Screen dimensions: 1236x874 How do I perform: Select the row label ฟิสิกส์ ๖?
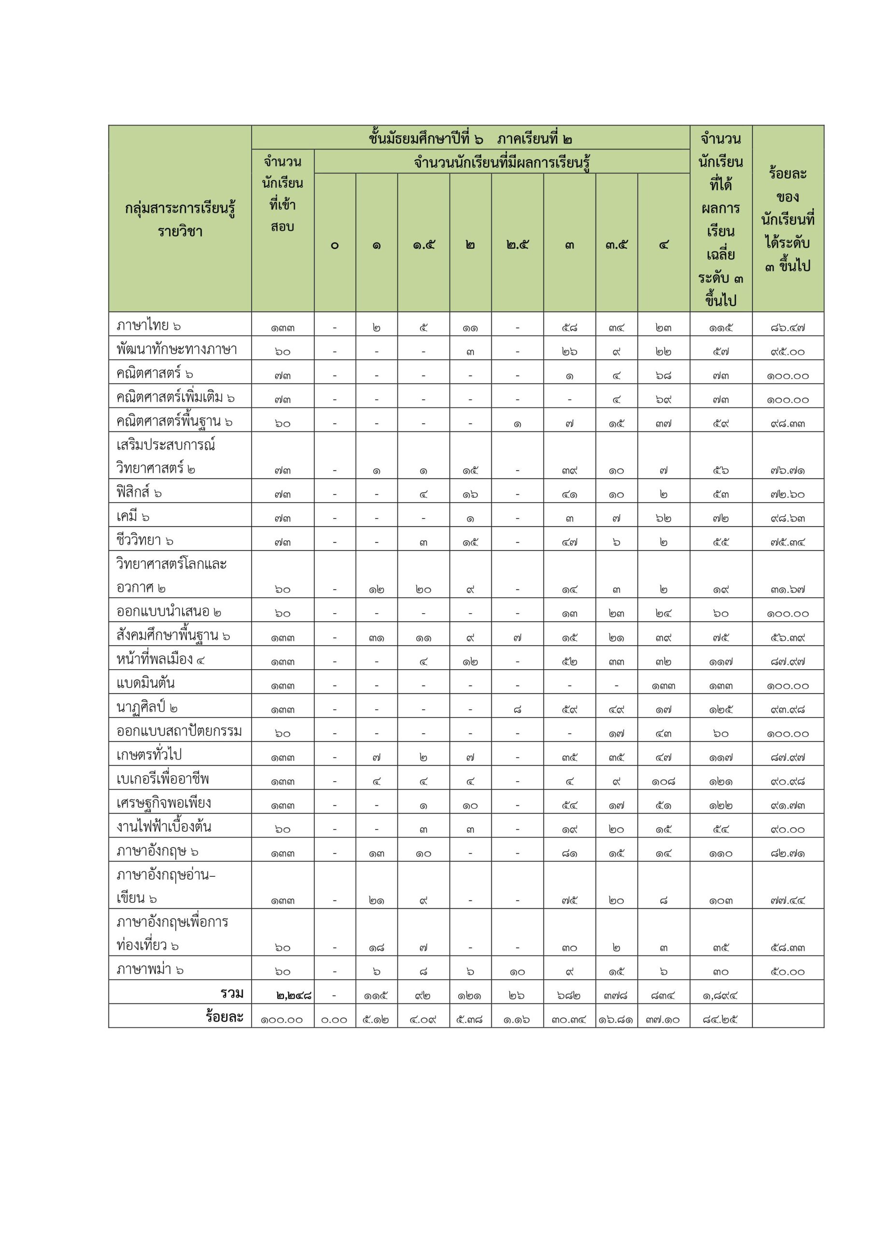(139, 492)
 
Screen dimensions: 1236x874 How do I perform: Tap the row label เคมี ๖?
(133, 516)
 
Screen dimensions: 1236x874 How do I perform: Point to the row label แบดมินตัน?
(145, 683)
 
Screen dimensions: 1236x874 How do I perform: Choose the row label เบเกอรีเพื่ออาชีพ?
(163, 778)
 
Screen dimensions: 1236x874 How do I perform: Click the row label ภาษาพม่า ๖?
(150, 969)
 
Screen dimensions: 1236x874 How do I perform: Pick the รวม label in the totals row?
(232, 993)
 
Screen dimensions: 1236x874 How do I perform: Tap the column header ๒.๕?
(517, 245)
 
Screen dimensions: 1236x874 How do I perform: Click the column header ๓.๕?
(616, 245)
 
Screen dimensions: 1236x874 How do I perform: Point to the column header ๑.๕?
(423, 245)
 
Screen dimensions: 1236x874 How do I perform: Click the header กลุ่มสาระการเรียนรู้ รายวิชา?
(180, 219)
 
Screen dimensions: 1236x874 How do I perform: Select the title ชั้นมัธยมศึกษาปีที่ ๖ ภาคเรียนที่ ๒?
(470, 139)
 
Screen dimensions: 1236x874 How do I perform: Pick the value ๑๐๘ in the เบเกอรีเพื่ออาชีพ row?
(663, 781)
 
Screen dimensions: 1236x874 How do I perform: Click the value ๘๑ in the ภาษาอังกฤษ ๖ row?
(569, 853)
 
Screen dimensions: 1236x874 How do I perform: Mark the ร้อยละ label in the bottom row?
(225, 1016)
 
